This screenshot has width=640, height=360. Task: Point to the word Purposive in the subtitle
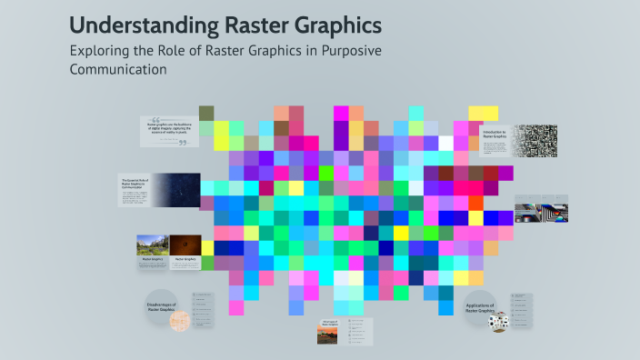pos(345,50)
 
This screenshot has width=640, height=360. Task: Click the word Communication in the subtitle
pos(119,69)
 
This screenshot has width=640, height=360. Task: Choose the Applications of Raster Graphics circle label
pos(479,309)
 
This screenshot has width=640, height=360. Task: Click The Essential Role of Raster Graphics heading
pos(134,185)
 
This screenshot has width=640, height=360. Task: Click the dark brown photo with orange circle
pos(185,245)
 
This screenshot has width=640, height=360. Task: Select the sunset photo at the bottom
pos(327,335)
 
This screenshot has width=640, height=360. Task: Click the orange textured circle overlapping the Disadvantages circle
pos(180,320)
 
